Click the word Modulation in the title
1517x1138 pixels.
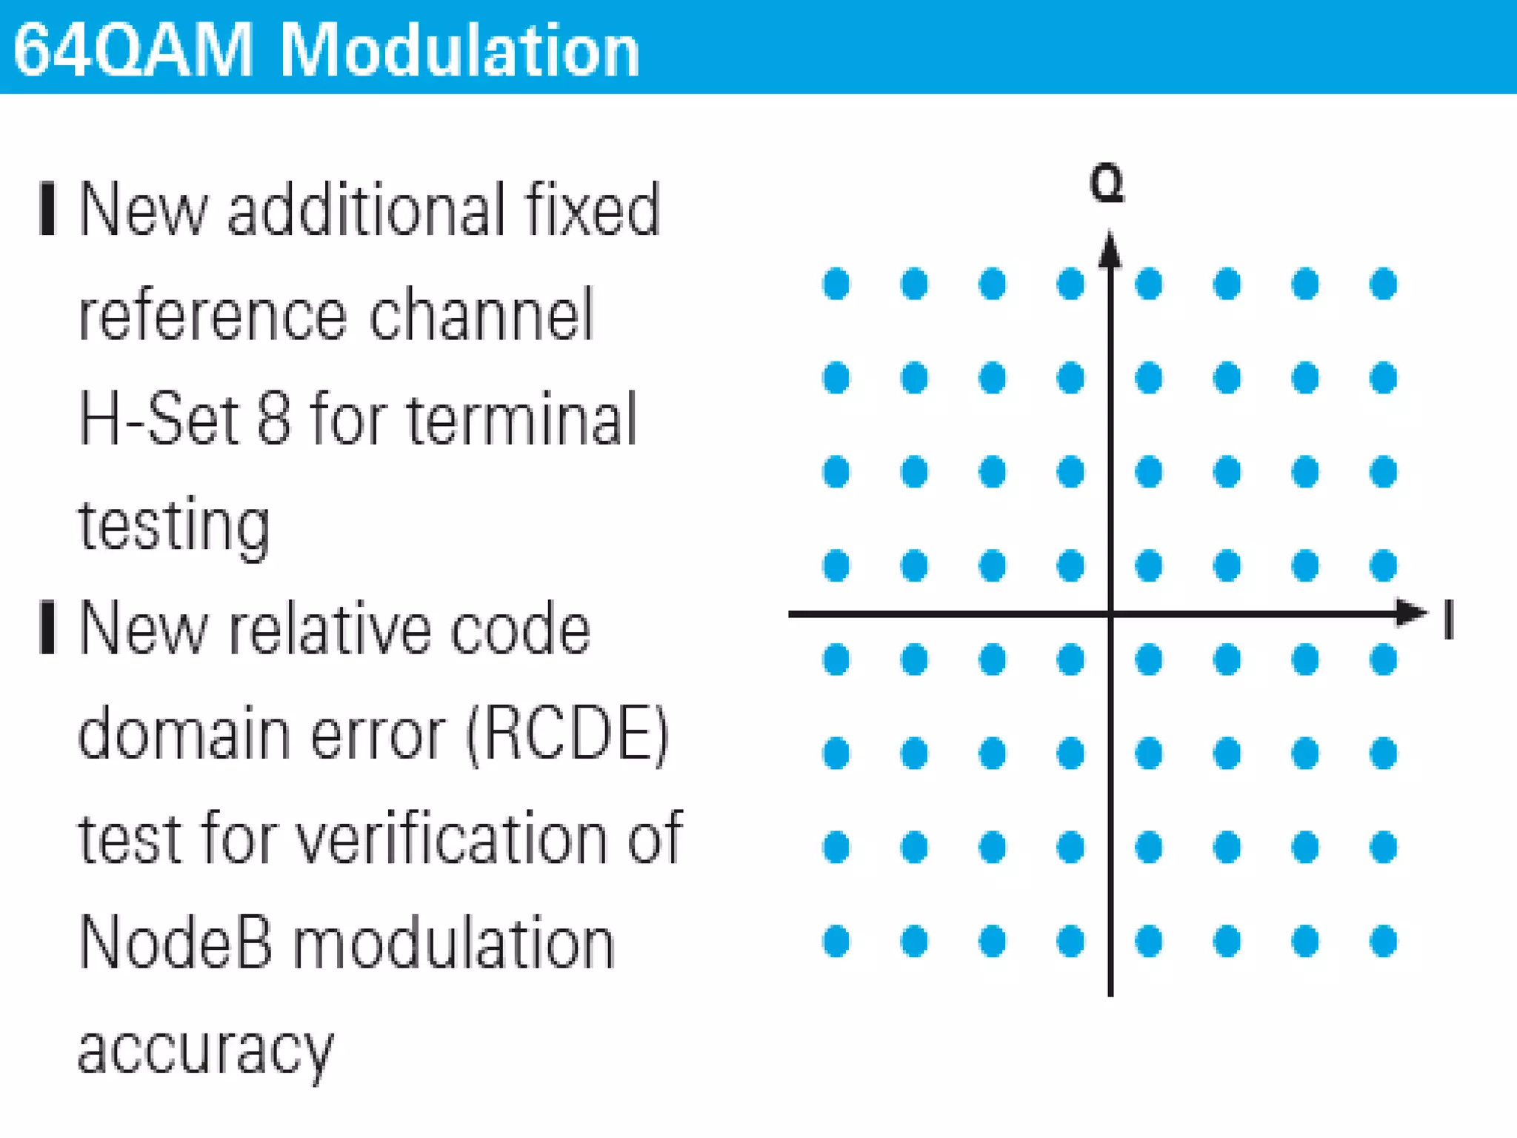(459, 50)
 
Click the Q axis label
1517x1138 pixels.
(1107, 183)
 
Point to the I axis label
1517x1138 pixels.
(1449, 619)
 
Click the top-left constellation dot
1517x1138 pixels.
(836, 284)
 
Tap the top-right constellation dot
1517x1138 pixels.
(1383, 284)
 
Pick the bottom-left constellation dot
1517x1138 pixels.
(836, 941)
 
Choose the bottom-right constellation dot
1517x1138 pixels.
(1383, 941)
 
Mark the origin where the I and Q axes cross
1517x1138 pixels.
(1110, 613)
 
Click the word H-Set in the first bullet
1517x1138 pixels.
(160, 419)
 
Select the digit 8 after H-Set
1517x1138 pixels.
(273, 419)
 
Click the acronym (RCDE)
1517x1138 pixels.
(567, 734)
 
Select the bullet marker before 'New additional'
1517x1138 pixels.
(47, 209)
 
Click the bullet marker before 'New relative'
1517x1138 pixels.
(47, 628)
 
